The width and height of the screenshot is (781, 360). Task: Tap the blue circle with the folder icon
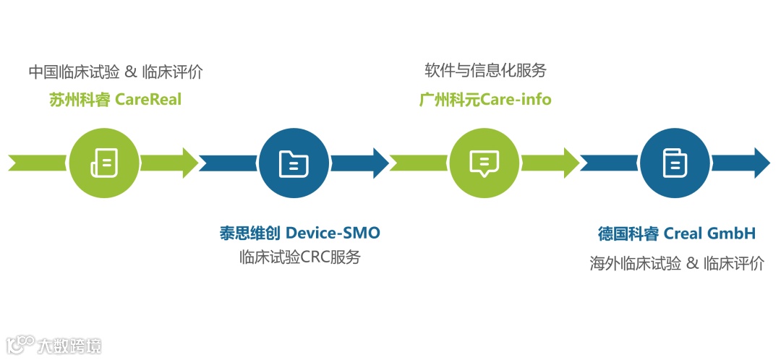pyautogui.click(x=294, y=163)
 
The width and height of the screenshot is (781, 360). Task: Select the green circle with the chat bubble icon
pyautogui.click(x=485, y=163)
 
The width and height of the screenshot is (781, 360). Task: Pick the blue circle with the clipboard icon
pyautogui.click(x=675, y=163)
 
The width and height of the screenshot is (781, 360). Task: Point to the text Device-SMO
pyautogui.click(x=333, y=233)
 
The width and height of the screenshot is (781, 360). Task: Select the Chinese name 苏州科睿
pyautogui.click(x=80, y=99)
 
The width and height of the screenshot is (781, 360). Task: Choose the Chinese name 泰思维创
pyautogui.click(x=249, y=233)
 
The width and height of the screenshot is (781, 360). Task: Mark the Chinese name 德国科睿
pyautogui.click(x=628, y=233)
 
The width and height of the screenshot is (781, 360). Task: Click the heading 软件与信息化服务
pyautogui.click(x=485, y=71)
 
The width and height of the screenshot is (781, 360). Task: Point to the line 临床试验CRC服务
pyautogui.click(x=299, y=257)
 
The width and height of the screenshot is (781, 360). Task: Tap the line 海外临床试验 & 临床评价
pyautogui.click(x=676, y=263)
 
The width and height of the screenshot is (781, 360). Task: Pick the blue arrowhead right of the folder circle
pyautogui.click(x=380, y=163)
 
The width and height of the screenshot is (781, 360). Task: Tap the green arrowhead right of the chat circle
pyautogui.click(x=570, y=163)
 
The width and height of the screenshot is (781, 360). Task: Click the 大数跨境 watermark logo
pyautogui.click(x=54, y=344)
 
